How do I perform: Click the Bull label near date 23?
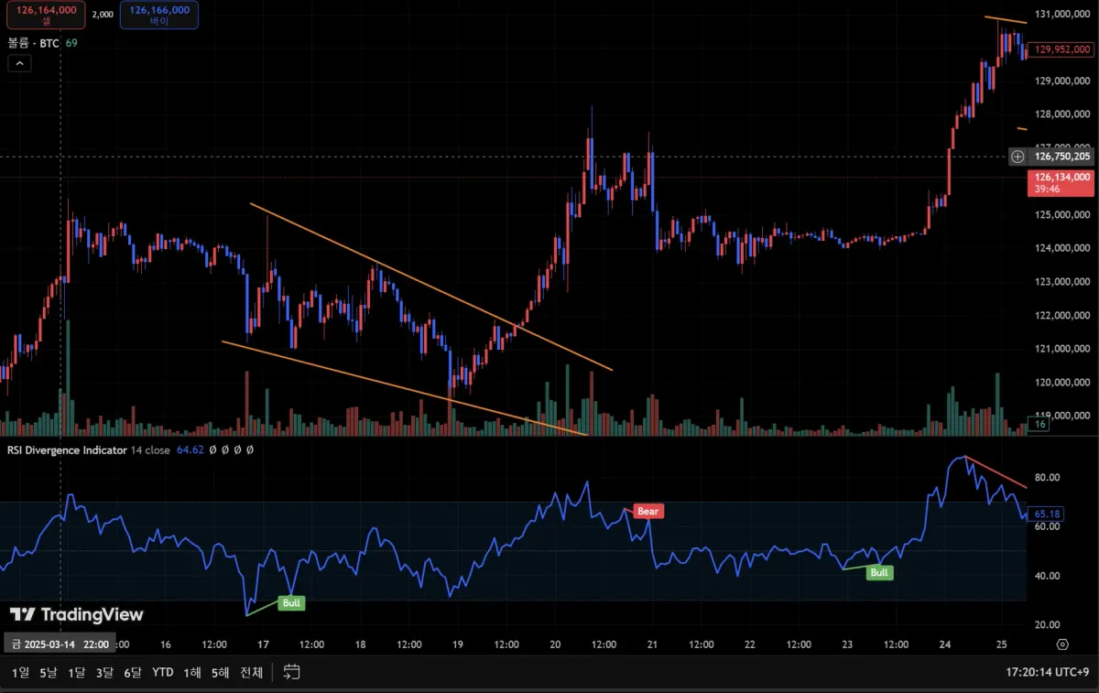pos(879,573)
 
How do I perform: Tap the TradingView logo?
pos(77,614)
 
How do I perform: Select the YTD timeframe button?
pos(163,673)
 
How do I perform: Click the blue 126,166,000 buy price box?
pos(159,15)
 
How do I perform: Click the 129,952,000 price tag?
pos(1061,50)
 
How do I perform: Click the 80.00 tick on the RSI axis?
pos(1047,478)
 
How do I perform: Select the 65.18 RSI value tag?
pos(1047,514)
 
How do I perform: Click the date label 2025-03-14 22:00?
pos(60,644)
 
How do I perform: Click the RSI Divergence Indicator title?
pos(67,450)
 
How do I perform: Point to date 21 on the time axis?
pos(652,644)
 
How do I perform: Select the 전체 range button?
pos(251,673)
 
